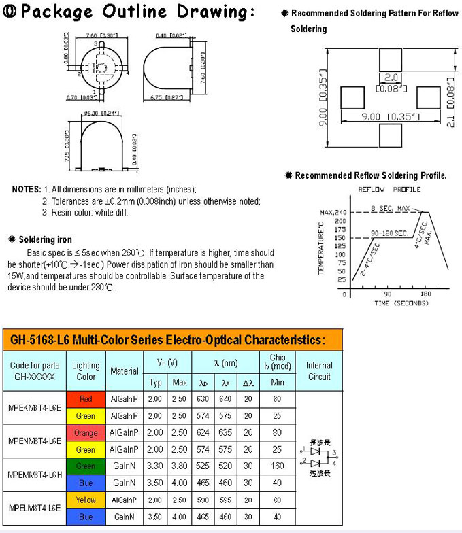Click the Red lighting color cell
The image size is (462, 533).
click(86, 399)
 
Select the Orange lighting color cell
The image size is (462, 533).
click(86, 432)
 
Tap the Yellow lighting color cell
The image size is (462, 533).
click(86, 500)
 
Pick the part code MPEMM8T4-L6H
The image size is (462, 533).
click(35, 474)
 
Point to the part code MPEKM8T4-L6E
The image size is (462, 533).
click(35, 407)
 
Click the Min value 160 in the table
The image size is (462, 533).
click(278, 466)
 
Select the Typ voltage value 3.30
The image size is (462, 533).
click(155, 466)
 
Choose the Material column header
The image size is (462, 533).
click(125, 371)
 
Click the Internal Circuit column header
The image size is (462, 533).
click(319, 371)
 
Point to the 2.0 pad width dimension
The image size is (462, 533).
click(391, 78)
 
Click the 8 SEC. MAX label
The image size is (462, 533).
click(391, 207)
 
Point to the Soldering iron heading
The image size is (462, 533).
click(44, 239)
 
